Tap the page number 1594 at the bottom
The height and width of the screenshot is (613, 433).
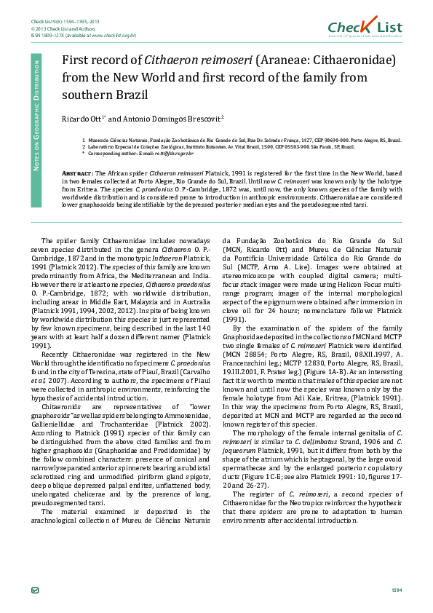point(397,590)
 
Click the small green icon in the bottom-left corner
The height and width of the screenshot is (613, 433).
point(35,590)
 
